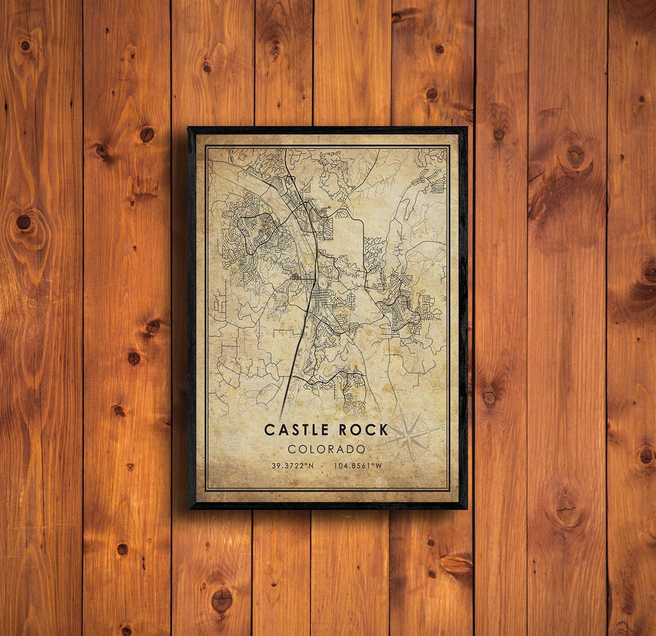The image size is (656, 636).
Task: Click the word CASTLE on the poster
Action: [x=296, y=430]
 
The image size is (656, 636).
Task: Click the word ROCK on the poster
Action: [x=364, y=430]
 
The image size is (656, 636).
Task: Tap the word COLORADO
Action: [x=326, y=449]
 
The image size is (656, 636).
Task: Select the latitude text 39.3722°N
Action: [x=292, y=465]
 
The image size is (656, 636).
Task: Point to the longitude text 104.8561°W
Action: [x=358, y=465]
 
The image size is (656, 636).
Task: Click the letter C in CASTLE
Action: [x=269, y=430]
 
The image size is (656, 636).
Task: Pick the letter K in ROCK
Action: [x=383, y=430]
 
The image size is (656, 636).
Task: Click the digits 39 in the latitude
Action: [x=275, y=465]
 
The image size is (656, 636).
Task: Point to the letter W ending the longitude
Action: [x=378, y=465]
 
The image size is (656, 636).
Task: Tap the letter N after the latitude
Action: [x=311, y=465]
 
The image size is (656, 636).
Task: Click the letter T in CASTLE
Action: [x=302, y=430]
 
